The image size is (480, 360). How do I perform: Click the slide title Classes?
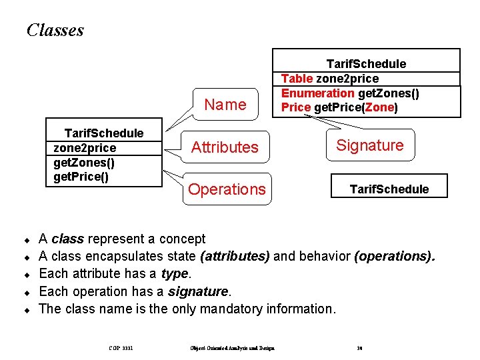point(55,30)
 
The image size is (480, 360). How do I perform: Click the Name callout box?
point(225,105)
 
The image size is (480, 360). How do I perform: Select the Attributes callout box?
point(225,147)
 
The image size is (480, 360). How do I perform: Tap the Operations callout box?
point(227,189)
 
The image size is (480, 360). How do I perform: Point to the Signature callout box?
point(370,145)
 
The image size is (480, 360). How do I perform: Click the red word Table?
point(297,79)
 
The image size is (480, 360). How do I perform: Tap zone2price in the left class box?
point(85,148)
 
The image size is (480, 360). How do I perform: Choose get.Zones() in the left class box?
point(84,163)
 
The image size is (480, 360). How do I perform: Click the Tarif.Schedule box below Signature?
point(389,189)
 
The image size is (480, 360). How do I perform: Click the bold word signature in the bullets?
point(198,291)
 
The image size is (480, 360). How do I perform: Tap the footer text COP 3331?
point(121,347)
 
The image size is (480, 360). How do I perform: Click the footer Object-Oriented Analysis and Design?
point(232,347)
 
